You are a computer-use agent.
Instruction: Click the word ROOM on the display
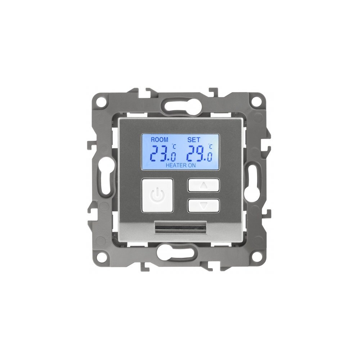(159, 140)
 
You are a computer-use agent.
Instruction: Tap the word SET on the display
(194, 140)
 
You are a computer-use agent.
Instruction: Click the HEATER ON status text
(181, 165)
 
